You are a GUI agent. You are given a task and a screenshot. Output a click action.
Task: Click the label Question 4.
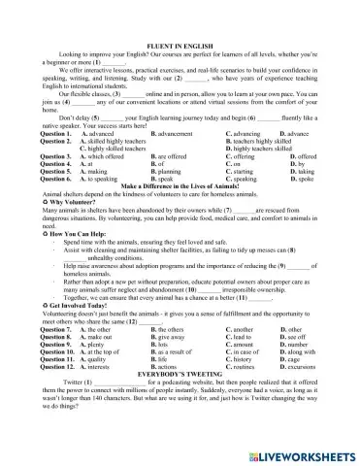[56, 163]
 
